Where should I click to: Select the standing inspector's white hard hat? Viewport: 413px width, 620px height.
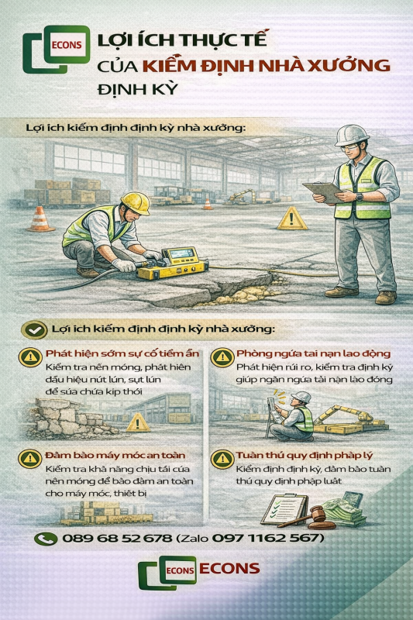[x=353, y=136]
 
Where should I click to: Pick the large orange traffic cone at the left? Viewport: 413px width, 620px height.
[x=40, y=219]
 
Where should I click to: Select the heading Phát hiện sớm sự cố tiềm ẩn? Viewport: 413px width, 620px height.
[x=112, y=353]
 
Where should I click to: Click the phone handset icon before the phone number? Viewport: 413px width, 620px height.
[x=46, y=538]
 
